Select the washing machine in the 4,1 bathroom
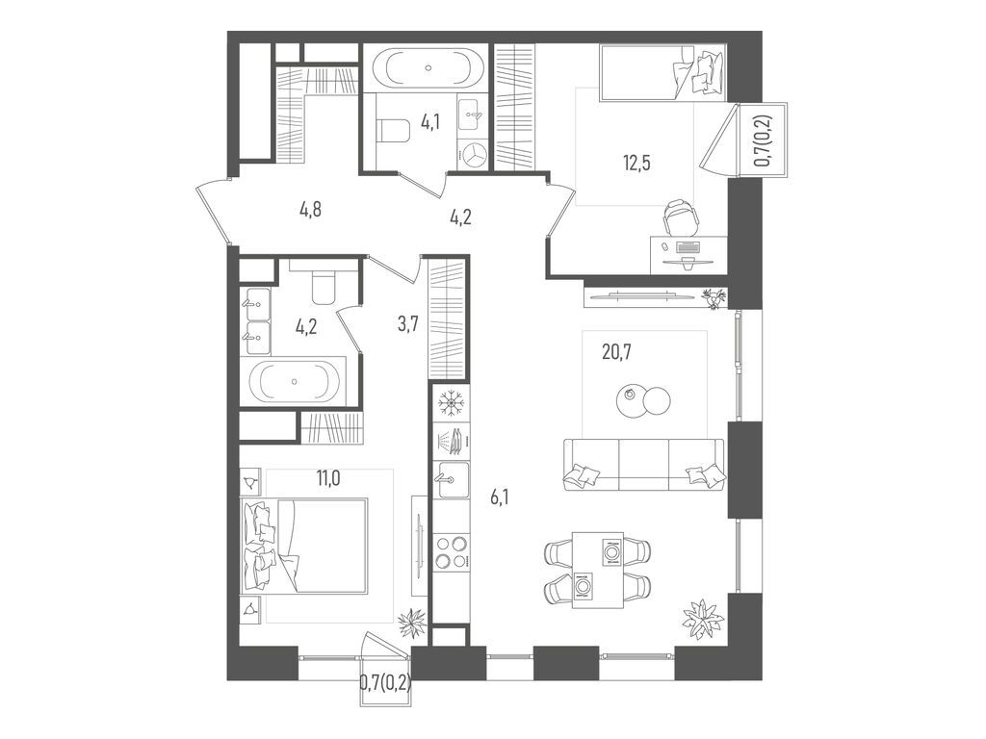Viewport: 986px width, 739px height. tap(474, 155)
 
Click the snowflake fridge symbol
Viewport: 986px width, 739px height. tap(451, 401)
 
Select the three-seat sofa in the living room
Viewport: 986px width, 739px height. tap(643, 464)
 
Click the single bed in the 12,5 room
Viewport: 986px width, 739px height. tap(660, 73)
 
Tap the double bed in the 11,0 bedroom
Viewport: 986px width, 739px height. tap(306, 547)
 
